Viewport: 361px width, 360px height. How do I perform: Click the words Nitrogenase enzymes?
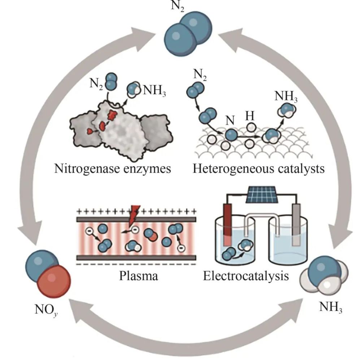(x=112, y=169)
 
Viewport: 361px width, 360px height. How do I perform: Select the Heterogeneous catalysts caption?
(x=258, y=169)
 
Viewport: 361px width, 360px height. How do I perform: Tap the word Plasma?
(x=139, y=277)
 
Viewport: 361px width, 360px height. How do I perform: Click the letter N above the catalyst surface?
(x=230, y=121)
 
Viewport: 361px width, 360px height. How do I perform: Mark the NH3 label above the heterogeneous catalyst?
(x=286, y=96)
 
